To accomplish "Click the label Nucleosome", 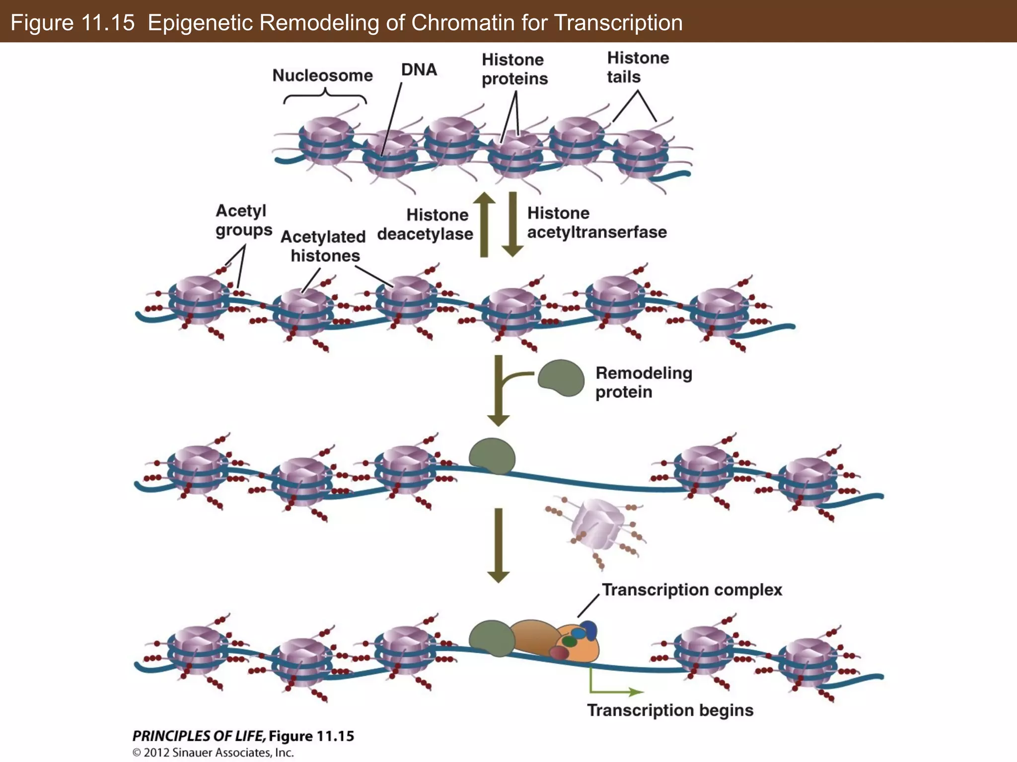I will [x=322, y=75].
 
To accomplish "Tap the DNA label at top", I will [x=419, y=70].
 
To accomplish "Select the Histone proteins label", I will [x=514, y=69].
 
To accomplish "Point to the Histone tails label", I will [x=638, y=67].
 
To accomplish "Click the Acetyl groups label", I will [x=243, y=220].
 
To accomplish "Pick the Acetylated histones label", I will [x=323, y=246].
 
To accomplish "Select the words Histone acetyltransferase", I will [x=596, y=223].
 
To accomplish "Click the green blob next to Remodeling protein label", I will [x=561, y=378].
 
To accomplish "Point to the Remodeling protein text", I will [x=643, y=382].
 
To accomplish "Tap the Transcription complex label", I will [x=692, y=590].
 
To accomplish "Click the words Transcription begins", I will [x=670, y=710].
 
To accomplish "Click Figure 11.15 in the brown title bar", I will [x=73, y=23].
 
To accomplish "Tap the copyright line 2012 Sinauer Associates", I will [x=213, y=753].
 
